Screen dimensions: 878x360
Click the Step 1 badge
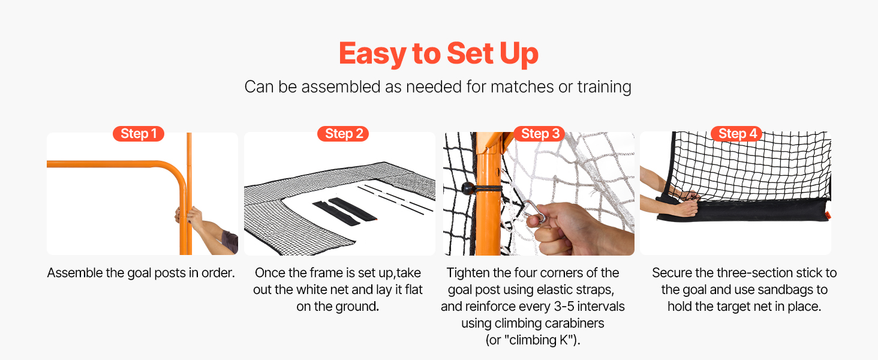point(139,134)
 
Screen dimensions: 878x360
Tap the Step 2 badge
point(343,134)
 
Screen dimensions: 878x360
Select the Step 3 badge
point(539,134)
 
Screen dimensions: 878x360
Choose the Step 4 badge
point(736,134)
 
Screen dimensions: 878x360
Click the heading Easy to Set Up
point(438,53)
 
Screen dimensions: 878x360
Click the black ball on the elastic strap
point(468,188)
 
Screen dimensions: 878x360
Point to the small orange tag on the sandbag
point(827,215)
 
